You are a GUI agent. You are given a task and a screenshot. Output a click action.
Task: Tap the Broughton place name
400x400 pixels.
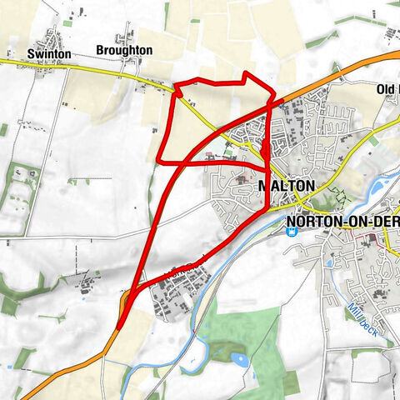[x=124, y=50]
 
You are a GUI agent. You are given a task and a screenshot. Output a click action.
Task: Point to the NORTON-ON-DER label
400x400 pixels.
[x=342, y=222]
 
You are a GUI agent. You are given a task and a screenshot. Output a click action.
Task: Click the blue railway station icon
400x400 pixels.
[x=290, y=232]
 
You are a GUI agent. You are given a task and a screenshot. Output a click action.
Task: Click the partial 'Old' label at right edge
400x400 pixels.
[x=387, y=89]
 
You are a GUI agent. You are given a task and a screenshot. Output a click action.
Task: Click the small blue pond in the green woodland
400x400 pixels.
[x=240, y=360]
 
